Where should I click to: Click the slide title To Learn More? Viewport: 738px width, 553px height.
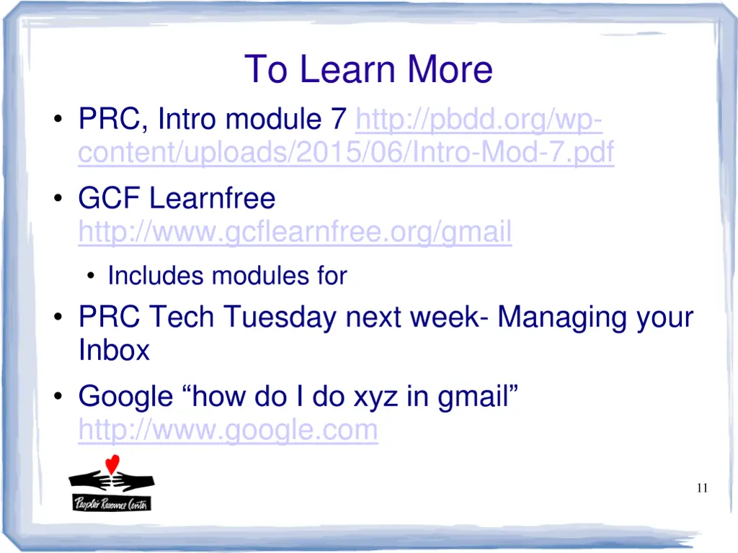[368, 69]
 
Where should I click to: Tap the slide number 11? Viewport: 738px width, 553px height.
[702, 488]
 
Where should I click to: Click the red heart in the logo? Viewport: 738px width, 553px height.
[112, 464]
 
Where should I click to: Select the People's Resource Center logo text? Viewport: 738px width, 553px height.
[112, 503]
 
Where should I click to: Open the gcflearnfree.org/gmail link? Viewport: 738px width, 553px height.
[295, 231]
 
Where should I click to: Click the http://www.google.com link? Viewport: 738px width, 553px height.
[228, 430]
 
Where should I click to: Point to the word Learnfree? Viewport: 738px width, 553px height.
[213, 198]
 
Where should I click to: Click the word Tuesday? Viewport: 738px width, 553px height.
[280, 317]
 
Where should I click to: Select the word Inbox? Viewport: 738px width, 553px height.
[114, 350]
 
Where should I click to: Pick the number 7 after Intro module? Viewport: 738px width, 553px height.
[339, 119]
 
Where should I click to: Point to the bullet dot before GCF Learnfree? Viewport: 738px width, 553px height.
[58, 198]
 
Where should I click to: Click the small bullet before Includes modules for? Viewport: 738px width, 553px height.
[91, 276]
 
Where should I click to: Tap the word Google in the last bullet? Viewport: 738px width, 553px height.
[125, 397]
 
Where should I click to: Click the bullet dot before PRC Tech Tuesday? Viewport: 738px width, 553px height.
[58, 317]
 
